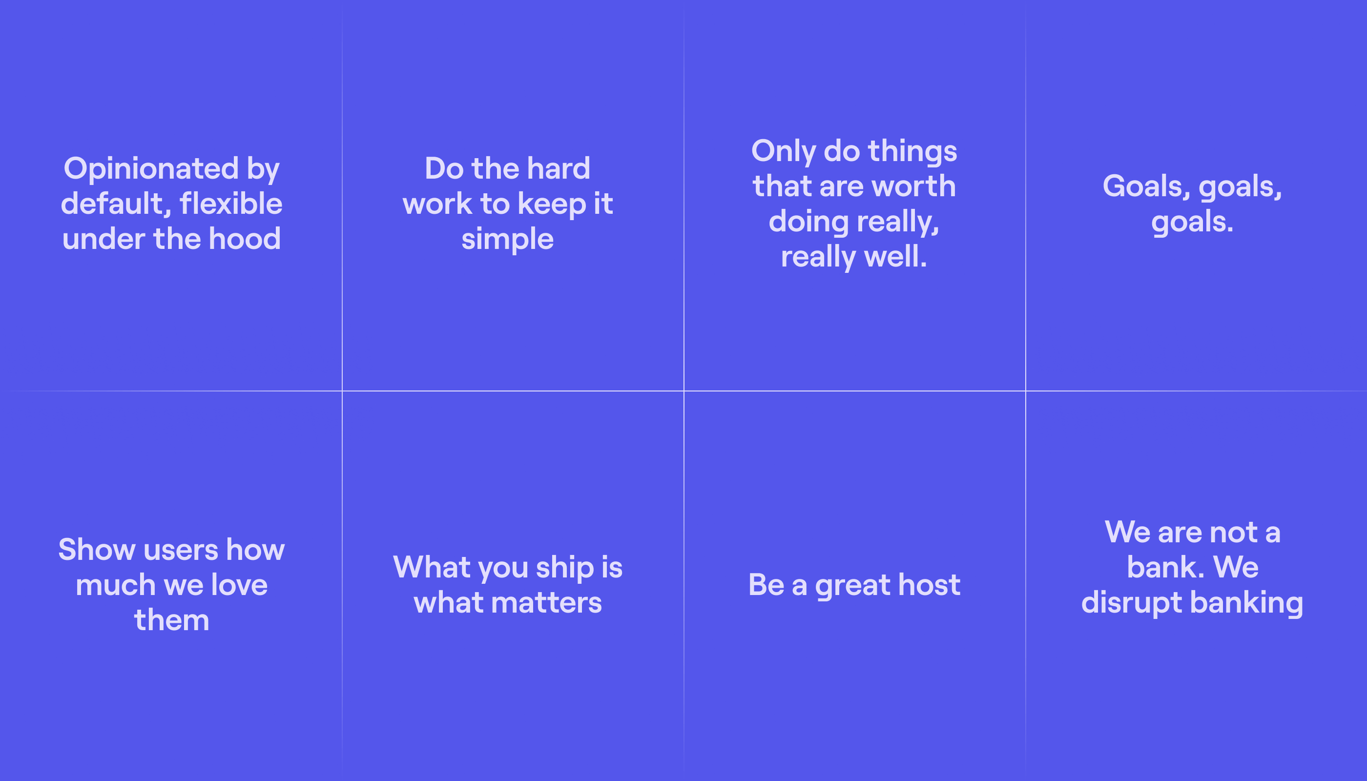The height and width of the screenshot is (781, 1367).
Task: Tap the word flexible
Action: coord(231,204)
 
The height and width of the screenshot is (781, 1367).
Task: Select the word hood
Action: coord(245,239)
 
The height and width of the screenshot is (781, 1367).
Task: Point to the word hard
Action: coord(559,168)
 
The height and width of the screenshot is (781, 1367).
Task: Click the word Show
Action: coord(97,550)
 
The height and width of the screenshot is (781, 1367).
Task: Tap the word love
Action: coord(239,585)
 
